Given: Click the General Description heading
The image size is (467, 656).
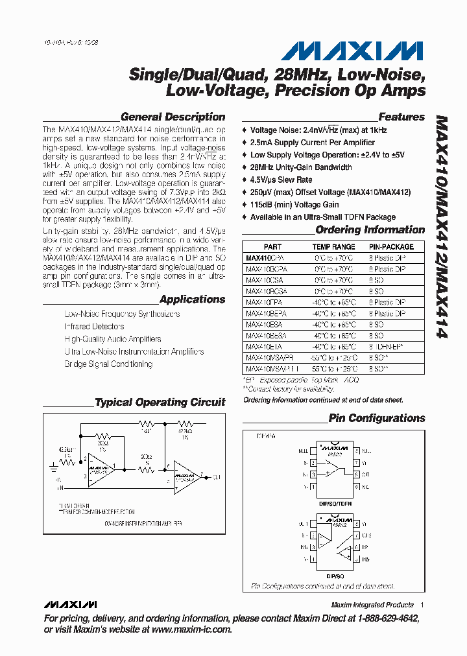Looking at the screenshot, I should click(173, 117).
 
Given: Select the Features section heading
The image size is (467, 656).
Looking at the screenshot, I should click(401, 117).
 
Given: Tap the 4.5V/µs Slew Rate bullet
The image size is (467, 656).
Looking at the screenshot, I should click(281, 180).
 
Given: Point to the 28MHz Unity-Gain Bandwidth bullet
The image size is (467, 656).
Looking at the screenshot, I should click(301, 167).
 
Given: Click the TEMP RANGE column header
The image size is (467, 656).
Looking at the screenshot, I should click(334, 247).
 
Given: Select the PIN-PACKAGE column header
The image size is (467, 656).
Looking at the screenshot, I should click(391, 247).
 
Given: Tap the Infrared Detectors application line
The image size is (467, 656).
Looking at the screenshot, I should click(94, 327).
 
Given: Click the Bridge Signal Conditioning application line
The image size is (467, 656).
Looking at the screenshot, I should click(108, 364).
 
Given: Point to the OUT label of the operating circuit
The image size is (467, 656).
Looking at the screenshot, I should click(217, 476).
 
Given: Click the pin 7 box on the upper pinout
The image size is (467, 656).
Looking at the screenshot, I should click(356, 463).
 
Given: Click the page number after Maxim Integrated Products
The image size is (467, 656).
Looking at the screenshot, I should click(422, 605).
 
